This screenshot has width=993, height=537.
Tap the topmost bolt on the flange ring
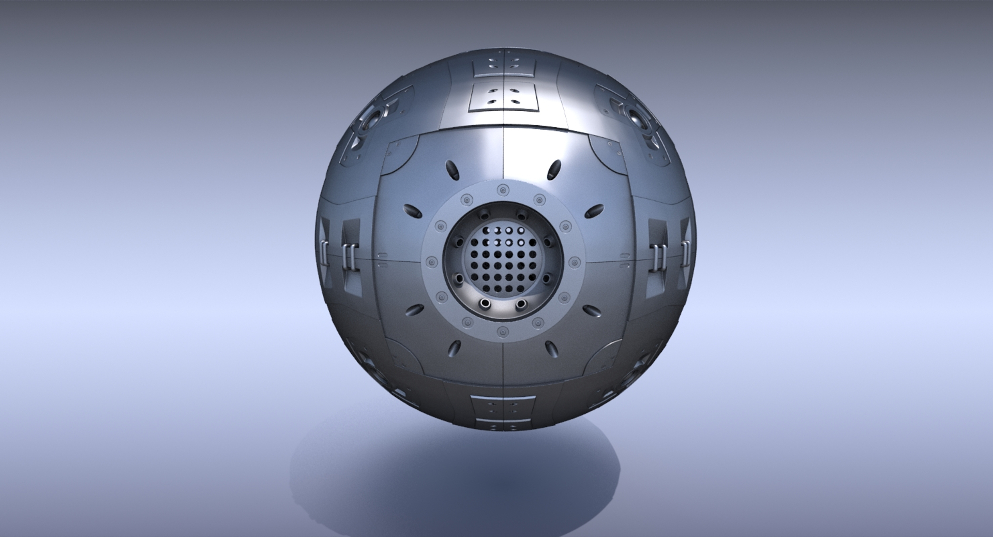501,190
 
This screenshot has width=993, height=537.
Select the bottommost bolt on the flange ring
501,332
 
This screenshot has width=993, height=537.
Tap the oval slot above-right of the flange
554,169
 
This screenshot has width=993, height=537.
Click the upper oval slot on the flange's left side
412,212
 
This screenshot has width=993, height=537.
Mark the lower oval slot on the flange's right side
592,310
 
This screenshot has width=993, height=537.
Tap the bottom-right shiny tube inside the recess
521,303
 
